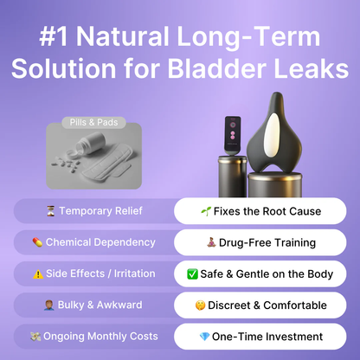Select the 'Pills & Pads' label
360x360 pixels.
tap(95, 122)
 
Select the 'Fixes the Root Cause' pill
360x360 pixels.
tap(260, 211)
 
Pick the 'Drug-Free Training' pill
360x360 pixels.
tap(260, 242)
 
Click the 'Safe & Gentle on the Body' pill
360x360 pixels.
tap(260, 273)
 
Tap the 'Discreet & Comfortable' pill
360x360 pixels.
tap(260, 305)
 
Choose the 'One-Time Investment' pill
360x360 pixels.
tap(260, 336)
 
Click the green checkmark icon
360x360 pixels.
tap(192, 274)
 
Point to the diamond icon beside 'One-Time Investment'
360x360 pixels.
tap(204, 337)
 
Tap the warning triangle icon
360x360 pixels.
tap(36, 273)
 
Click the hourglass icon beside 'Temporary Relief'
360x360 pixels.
tap(50, 211)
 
